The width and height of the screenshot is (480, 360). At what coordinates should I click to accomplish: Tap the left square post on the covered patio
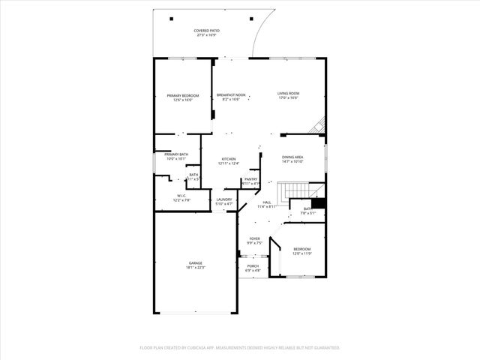(x=171, y=18)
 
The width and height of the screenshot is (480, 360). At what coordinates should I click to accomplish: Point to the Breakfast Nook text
(x=231, y=94)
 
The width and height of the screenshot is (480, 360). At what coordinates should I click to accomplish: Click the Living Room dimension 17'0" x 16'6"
(x=289, y=97)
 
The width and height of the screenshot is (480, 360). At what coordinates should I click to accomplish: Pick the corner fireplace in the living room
(x=319, y=125)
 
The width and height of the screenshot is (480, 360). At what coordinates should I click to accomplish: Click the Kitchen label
(x=229, y=159)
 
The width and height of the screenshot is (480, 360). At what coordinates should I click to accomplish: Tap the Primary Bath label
(x=176, y=155)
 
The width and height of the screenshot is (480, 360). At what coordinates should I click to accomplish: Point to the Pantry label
(x=250, y=179)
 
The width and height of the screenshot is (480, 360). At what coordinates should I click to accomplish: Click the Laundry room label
(x=224, y=199)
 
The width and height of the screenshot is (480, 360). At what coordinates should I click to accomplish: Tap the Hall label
(x=267, y=202)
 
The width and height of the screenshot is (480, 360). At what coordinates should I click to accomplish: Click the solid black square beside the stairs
(x=318, y=202)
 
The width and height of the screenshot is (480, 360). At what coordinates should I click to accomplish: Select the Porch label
(x=253, y=265)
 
